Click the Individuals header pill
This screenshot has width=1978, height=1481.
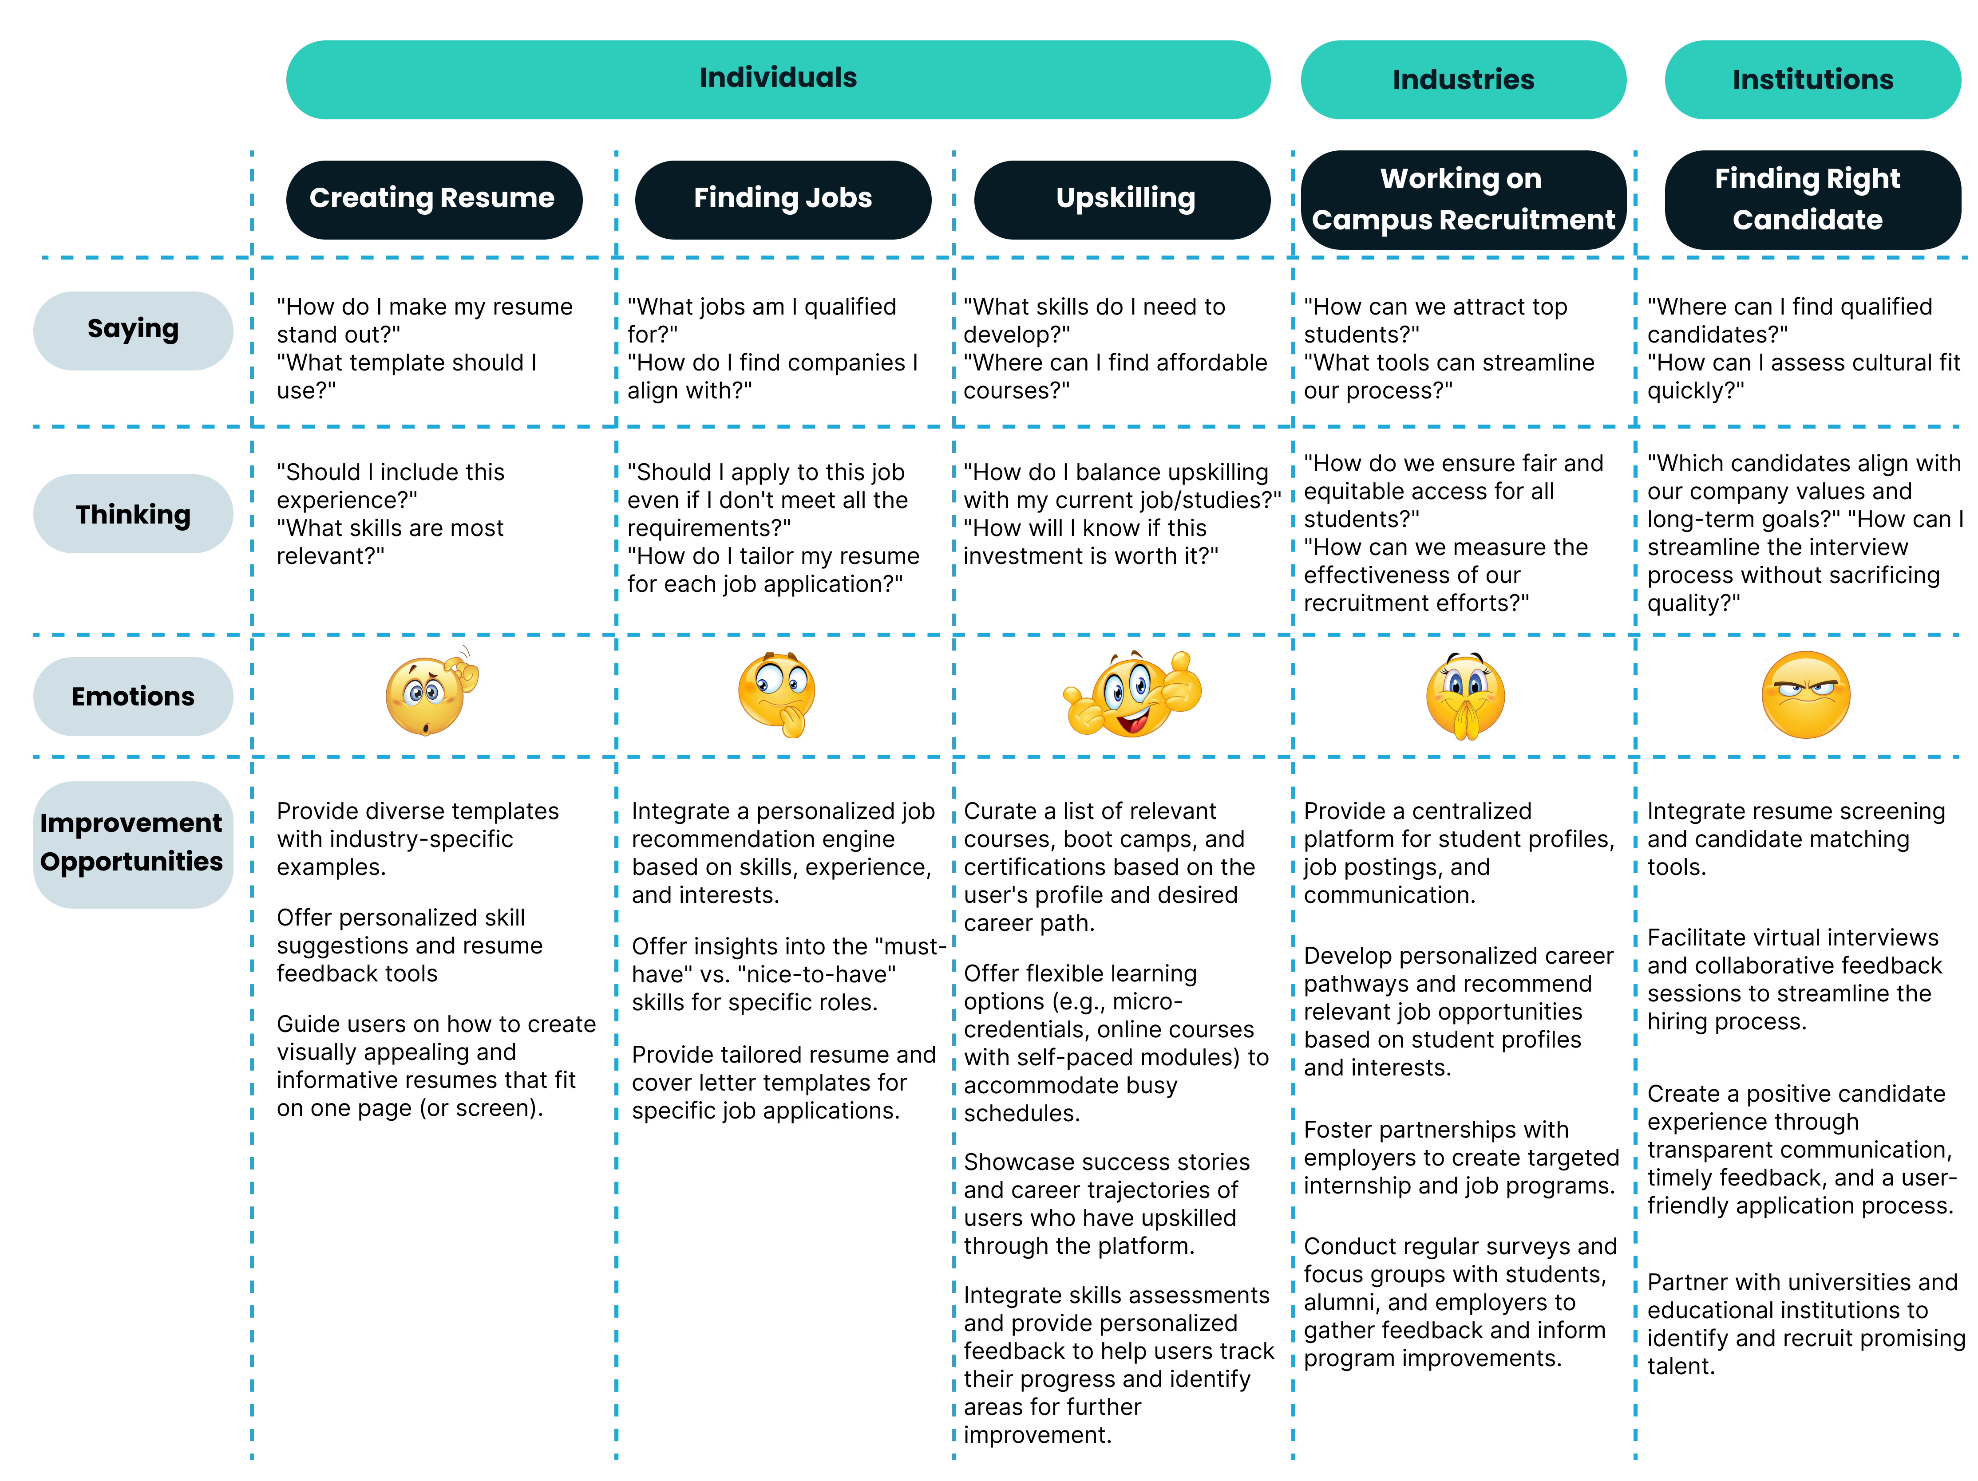click(778, 79)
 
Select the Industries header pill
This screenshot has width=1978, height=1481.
click(1463, 79)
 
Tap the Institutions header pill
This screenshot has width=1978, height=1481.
click(1812, 79)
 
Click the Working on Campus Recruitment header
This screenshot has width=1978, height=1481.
click(1463, 199)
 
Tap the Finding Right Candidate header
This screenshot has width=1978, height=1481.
click(1812, 199)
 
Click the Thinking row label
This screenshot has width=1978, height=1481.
click(133, 514)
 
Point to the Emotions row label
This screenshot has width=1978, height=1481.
click(133, 696)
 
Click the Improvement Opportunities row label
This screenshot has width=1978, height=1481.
click(133, 844)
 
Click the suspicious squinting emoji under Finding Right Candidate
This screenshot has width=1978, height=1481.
click(1805, 694)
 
